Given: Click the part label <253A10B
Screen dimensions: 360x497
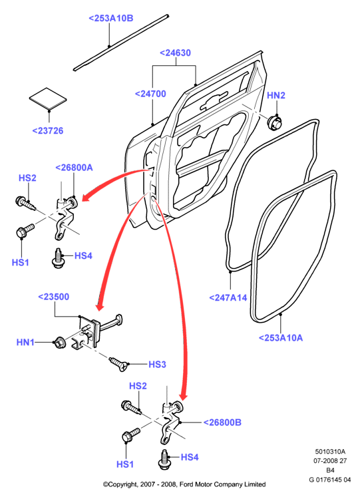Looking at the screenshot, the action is [111, 18].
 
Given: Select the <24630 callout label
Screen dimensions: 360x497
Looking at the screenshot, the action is [175, 53].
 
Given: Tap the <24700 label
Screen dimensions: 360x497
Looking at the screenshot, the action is [150, 94].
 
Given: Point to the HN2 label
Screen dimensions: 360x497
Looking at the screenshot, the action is [276, 95].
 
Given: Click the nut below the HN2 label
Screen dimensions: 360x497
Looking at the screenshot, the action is [275, 122].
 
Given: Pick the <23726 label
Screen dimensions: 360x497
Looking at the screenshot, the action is [48, 130].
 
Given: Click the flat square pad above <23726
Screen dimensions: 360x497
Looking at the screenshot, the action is [48, 99].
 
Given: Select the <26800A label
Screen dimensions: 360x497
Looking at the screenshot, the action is [74, 168].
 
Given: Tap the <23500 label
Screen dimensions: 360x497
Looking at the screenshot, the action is [53, 297].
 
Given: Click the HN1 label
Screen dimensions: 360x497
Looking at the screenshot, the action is [25, 343].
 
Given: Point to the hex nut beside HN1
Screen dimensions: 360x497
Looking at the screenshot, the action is [60, 343].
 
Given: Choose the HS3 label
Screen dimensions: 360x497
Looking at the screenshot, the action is [157, 365].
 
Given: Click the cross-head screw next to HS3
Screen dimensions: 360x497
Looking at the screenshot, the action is [119, 364].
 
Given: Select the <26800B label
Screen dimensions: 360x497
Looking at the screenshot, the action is [222, 422].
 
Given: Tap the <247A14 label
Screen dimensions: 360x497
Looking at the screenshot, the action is [228, 298].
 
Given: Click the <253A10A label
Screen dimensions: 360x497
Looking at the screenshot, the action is [281, 338].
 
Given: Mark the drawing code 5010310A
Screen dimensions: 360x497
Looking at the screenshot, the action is [330, 451].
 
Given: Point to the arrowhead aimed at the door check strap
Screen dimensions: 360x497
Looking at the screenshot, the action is [100, 305].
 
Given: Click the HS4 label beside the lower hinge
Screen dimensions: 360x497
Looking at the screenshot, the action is [190, 457].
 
